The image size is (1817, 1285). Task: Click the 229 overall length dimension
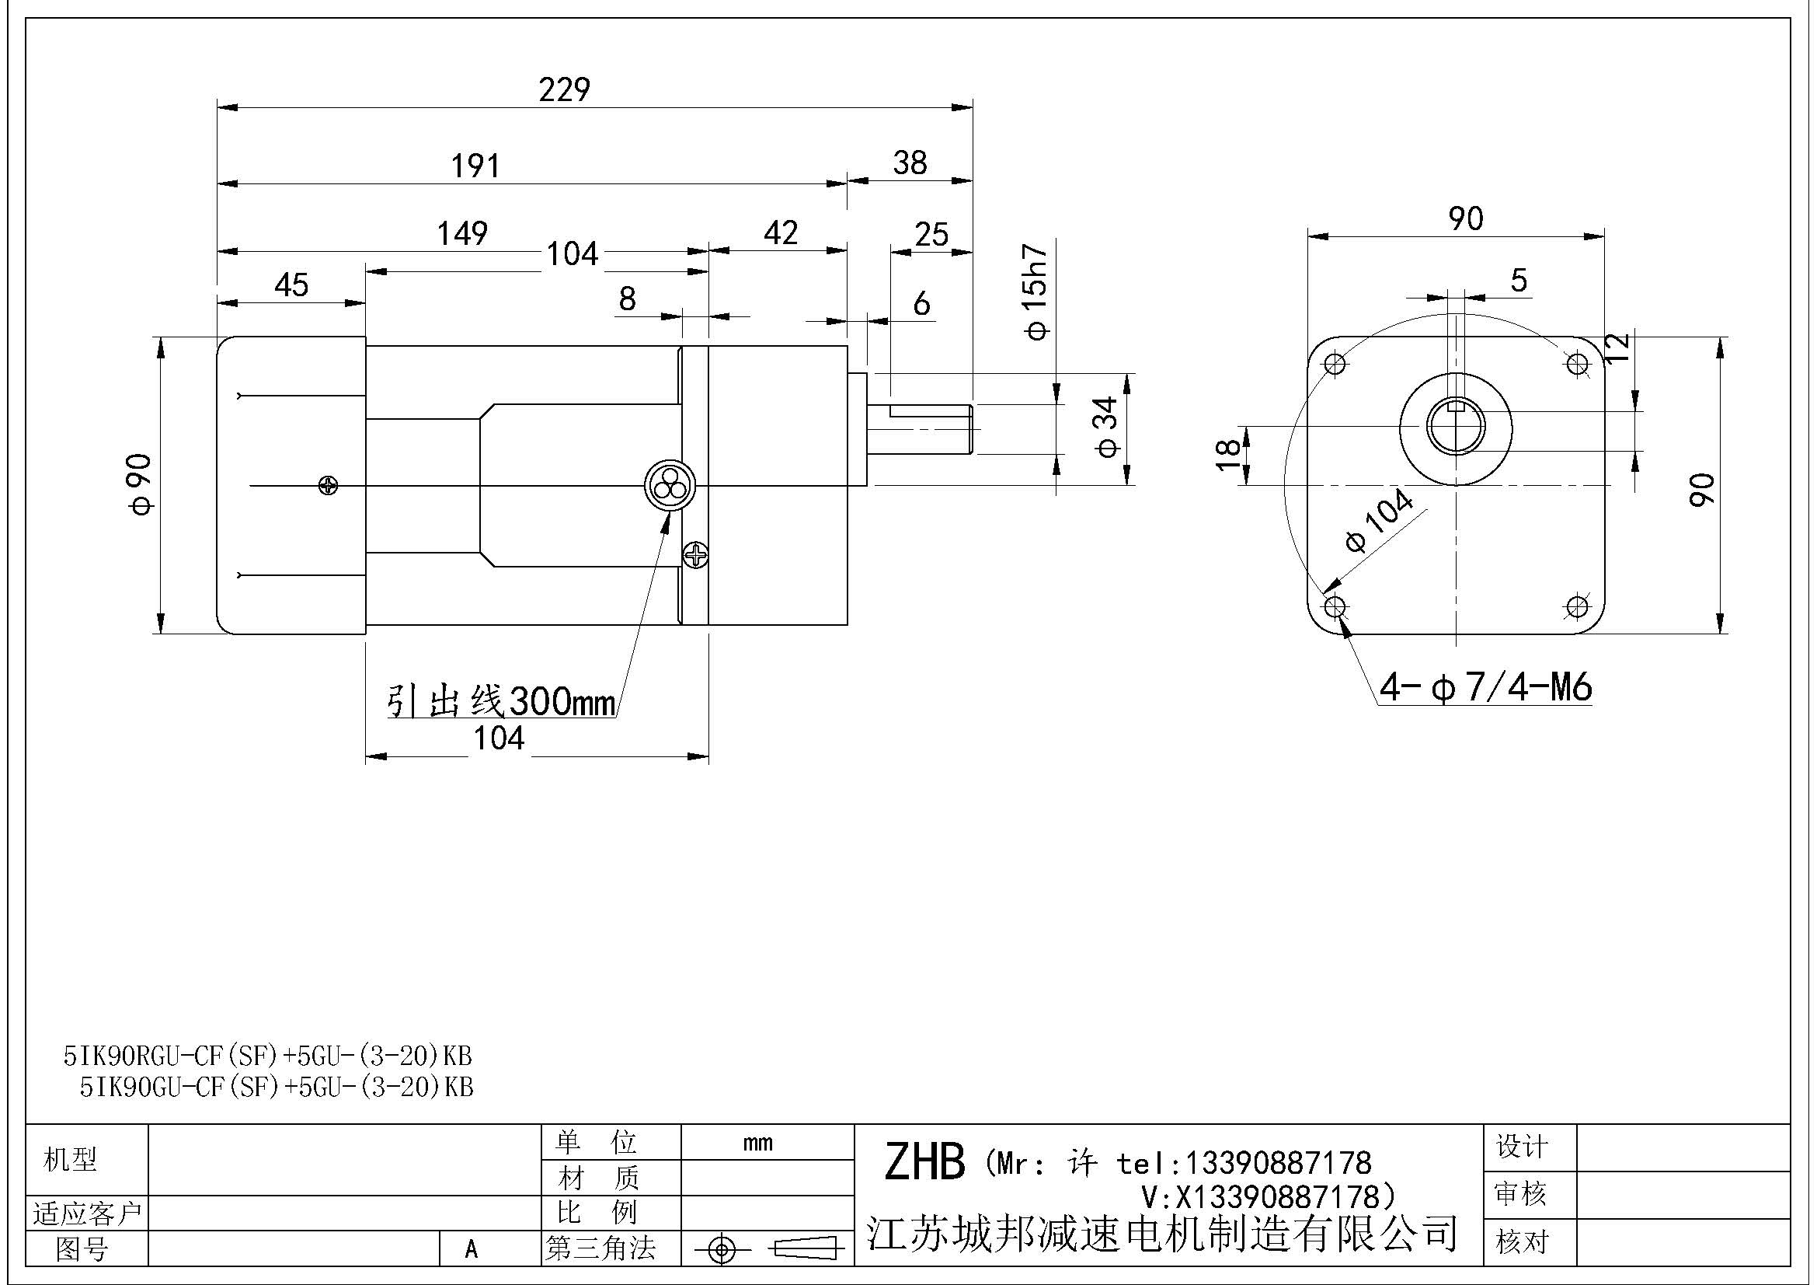coord(563,89)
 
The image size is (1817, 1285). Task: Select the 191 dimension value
coord(475,166)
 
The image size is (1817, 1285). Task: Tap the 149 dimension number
coord(463,233)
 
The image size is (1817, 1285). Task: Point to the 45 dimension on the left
coord(291,285)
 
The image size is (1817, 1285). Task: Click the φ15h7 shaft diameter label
coord(1036,293)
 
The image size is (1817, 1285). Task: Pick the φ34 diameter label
coord(1108,428)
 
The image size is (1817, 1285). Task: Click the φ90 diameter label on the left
coord(141,484)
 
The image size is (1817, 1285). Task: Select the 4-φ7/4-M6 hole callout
coord(1485,687)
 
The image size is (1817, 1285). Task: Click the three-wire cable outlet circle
coord(670,485)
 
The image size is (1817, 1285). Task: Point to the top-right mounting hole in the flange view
coord(1578,365)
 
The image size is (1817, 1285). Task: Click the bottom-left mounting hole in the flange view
coord(1335,607)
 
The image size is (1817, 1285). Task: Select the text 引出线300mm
coord(501,700)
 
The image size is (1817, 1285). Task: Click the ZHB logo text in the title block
coord(924,1162)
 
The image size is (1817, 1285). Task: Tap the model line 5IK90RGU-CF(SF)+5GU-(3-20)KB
coord(268,1056)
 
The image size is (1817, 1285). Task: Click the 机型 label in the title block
coord(71,1160)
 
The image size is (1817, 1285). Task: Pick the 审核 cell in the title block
coord(1520,1193)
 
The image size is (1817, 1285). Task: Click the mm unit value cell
coord(758,1143)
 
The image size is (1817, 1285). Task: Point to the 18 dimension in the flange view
coord(1227,456)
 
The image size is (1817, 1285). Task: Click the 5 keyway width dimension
coord(1518,281)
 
